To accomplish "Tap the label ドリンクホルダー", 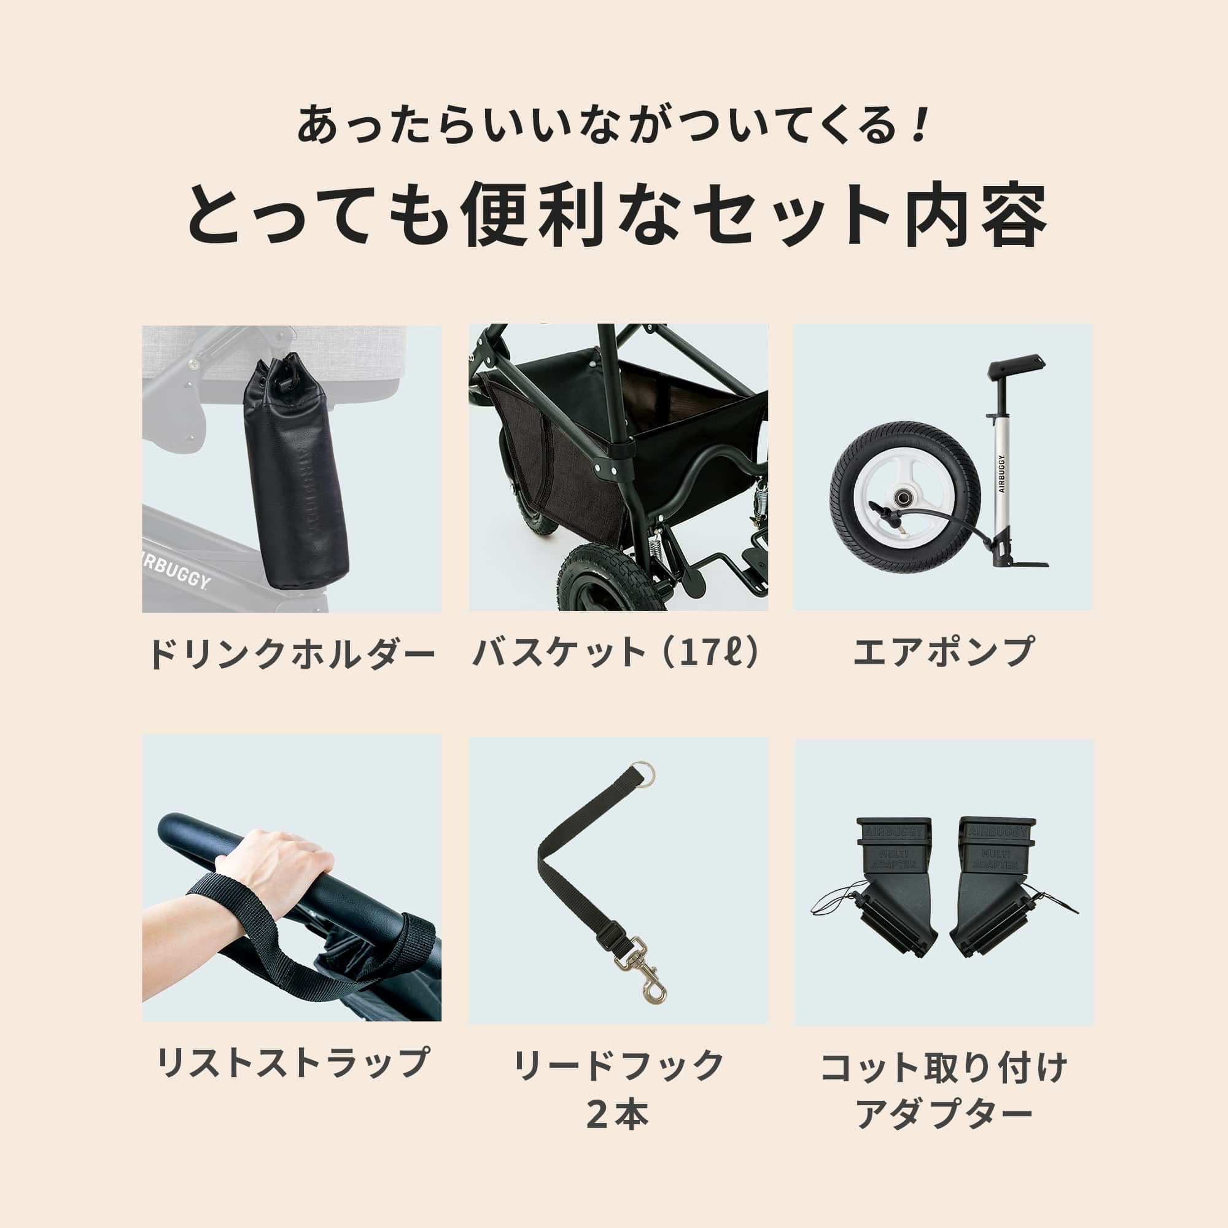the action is click(x=292, y=653).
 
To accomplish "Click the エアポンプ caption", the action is click(x=943, y=652).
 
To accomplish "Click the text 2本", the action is click(x=618, y=1114).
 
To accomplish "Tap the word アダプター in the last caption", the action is click(x=943, y=1114).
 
